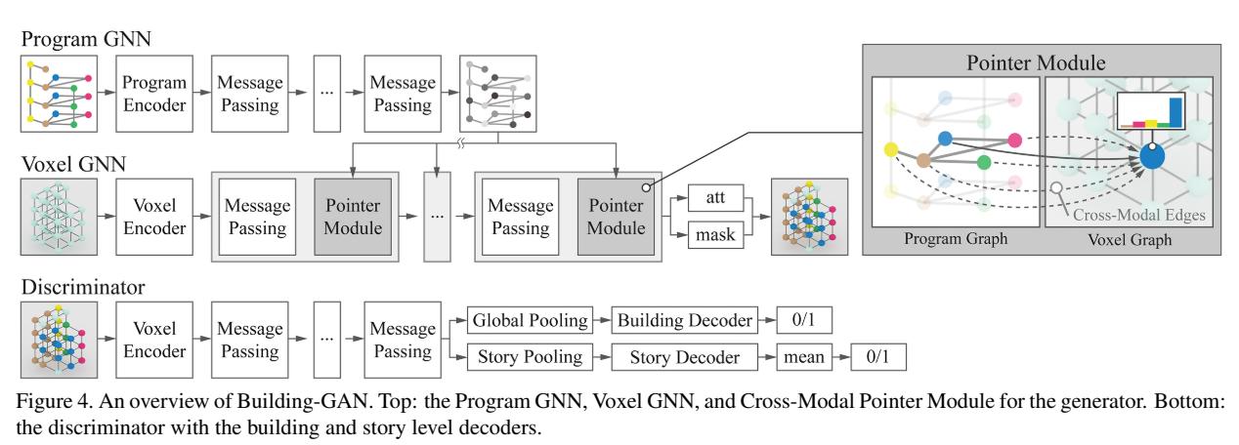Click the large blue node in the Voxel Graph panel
click(1154, 157)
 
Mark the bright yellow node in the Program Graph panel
click(890, 150)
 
